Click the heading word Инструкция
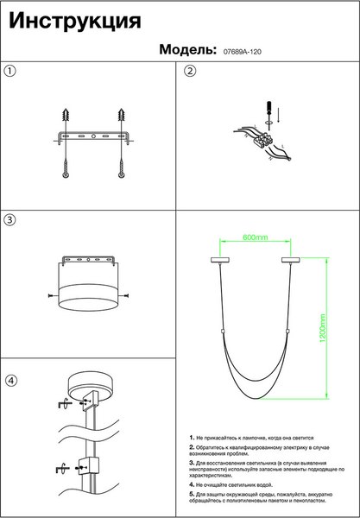pyautogui.click(x=75, y=22)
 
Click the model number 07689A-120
pyautogui.click(x=243, y=52)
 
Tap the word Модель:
pyautogui.click(x=187, y=49)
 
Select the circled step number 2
pyautogui.click(x=190, y=71)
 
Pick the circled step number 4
pyautogui.click(x=11, y=381)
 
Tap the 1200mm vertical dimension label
pyautogui.click(x=323, y=328)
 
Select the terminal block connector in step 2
pyautogui.click(x=262, y=141)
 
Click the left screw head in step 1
pyautogui.click(x=66, y=174)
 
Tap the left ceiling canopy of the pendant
pyautogui.click(x=220, y=260)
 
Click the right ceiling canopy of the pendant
pyautogui.click(x=291, y=260)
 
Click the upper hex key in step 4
pyautogui.click(x=63, y=404)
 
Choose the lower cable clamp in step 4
pyautogui.click(x=89, y=466)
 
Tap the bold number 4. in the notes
pyautogui.click(x=192, y=484)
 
